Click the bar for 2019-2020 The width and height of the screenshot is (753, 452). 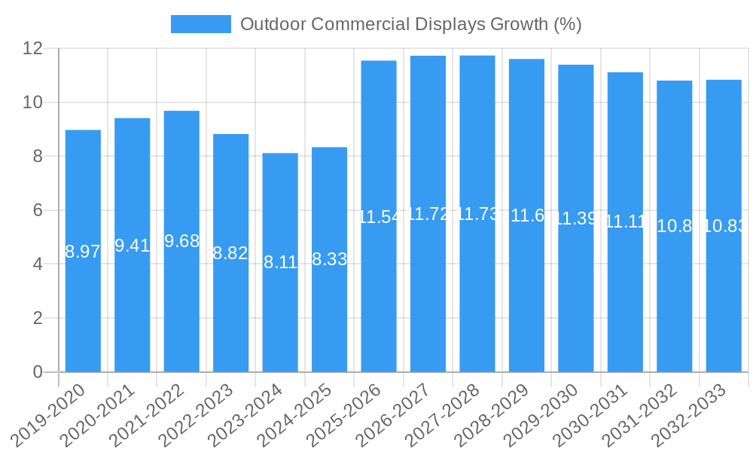point(83,301)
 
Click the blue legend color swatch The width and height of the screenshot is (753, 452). point(200,24)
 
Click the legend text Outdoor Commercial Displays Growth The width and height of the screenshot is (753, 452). point(410,24)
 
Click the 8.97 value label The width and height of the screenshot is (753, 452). point(83,252)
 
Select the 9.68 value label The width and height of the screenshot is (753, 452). point(181,241)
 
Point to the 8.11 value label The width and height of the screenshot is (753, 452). point(280,263)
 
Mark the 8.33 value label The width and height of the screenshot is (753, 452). point(329,260)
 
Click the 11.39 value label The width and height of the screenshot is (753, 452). point(576,219)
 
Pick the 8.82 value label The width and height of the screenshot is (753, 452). point(230,254)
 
